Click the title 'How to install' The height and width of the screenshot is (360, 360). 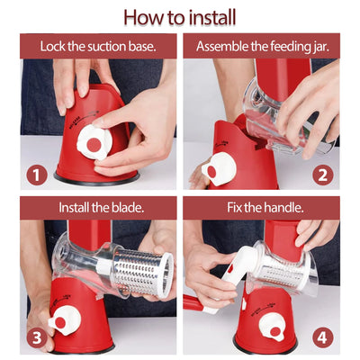[x=180, y=17]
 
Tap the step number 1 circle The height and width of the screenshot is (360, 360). [x=37, y=175]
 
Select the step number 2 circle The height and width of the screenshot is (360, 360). [x=323, y=175]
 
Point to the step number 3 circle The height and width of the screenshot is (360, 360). [x=37, y=337]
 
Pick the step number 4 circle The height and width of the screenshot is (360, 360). [x=323, y=337]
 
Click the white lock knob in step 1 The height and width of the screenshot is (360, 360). [x=94, y=143]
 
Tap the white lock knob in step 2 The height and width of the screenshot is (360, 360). [x=219, y=168]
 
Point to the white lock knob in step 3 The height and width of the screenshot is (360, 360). [x=64, y=320]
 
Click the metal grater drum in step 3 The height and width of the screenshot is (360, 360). [x=141, y=272]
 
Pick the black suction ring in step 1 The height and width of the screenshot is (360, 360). [x=96, y=179]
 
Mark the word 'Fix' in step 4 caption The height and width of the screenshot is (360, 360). [x=234, y=208]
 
